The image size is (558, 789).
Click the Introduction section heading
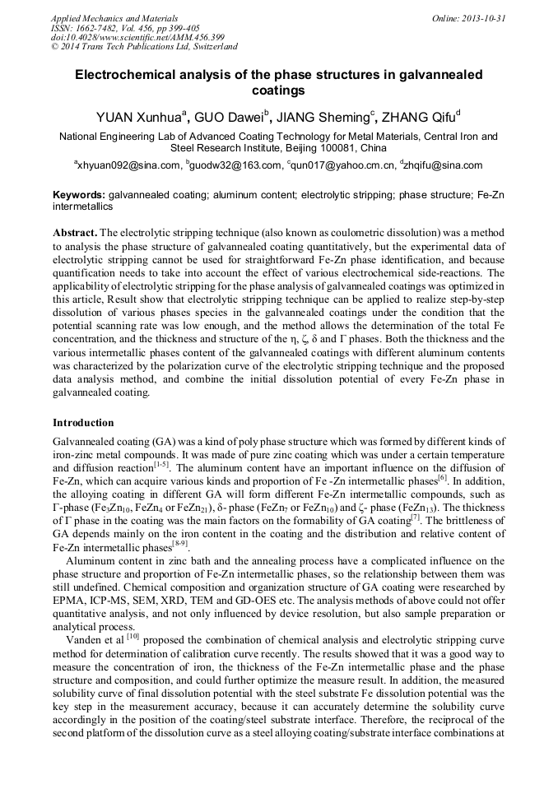[83, 423]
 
